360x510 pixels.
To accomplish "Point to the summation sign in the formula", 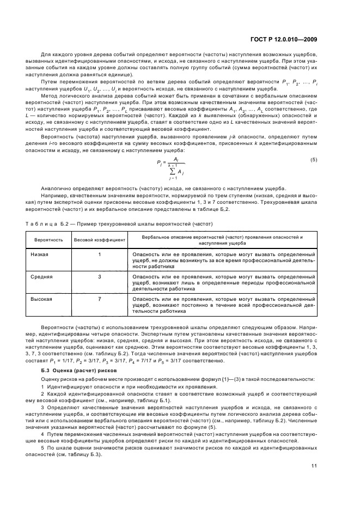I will pos(174,170).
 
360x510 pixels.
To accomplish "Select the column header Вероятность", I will pos(48,240).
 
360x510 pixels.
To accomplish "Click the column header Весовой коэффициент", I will pos(100,240).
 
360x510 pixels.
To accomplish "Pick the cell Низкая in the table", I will pos(40,254).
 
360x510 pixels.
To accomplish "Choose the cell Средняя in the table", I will pos(41,276).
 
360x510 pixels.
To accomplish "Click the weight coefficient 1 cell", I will pos(100,254).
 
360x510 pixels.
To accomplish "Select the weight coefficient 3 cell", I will pos(100,276).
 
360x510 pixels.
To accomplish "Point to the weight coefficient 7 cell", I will pos(100,299).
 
